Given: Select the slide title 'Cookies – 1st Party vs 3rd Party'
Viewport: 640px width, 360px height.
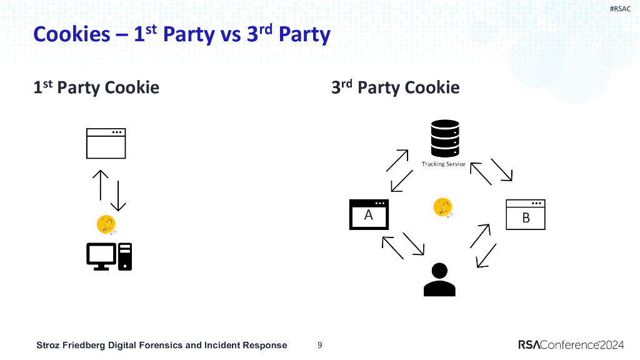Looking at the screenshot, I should click(x=181, y=34).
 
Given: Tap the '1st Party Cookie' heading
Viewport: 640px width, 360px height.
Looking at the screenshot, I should click(x=96, y=87).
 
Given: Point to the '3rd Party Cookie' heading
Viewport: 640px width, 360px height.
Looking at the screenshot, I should click(x=395, y=87).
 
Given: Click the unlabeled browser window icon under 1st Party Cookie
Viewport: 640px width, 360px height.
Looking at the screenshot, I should click(x=106, y=143).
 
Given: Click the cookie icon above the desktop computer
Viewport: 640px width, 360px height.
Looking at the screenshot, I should click(x=106, y=224).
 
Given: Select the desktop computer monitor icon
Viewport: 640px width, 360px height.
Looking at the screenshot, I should click(x=101, y=256).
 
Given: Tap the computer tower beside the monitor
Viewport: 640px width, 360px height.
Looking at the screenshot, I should click(x=125, y=256).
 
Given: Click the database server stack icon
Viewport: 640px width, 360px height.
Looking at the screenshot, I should click(x=445, y=138).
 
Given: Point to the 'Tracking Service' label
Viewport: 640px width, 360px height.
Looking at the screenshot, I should click(x=443, y=164).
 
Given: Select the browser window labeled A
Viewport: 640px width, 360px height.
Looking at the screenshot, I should click(x=369, y=215).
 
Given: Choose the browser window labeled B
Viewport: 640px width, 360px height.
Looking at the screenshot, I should click(x=526, y=214).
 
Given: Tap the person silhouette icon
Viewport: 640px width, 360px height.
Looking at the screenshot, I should click(x=439, y=279).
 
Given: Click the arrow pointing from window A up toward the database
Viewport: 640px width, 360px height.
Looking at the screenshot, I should click(x=397, y=160).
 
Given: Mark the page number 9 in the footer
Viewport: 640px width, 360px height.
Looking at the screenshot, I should click(x=320, y=345).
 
